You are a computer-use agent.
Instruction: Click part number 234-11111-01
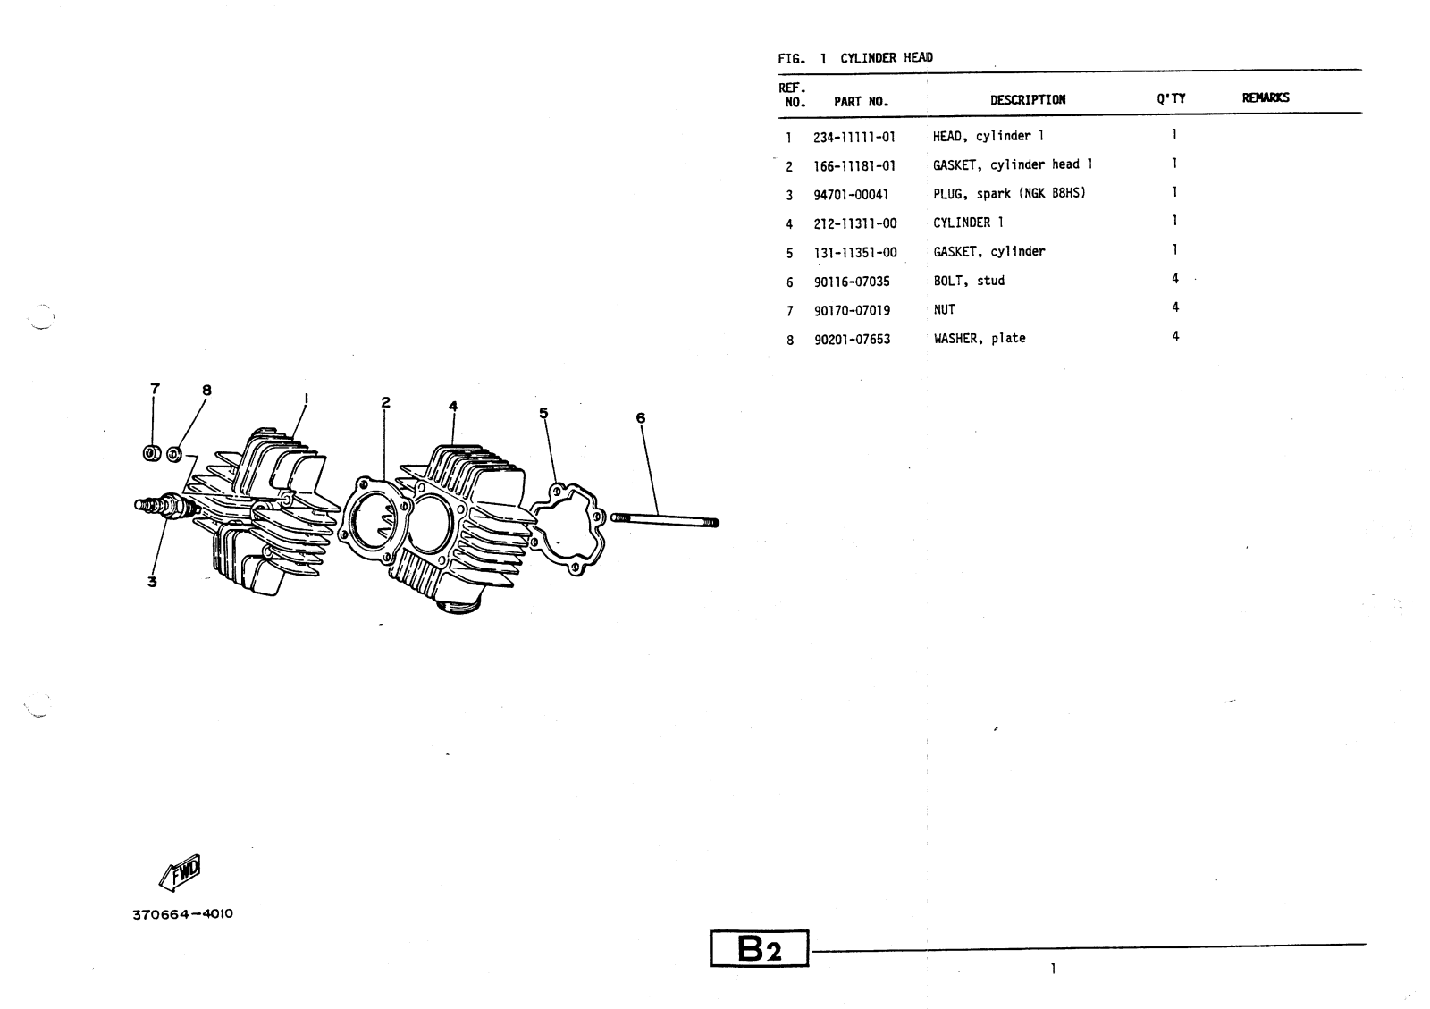point(854,138)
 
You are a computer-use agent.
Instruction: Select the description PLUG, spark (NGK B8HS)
point(1009,194)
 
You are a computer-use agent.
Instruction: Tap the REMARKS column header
point(1266,98)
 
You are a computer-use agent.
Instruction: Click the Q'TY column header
point(1171,98)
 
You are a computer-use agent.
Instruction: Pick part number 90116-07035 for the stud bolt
point(852,282)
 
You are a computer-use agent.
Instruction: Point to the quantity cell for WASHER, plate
point(1175,337)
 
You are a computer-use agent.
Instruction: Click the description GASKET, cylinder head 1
point(1013,165)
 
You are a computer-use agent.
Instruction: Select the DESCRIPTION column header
point(1027,100)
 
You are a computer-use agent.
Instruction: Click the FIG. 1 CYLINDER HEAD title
point(855,58)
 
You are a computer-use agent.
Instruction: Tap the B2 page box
point(759,949)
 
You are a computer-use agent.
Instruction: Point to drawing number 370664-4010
point(182,914)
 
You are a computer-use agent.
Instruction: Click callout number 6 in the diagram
point(641,417)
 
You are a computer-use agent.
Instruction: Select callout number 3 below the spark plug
point(152,582)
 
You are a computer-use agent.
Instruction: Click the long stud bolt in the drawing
point(665,519)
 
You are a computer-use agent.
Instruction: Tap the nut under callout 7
point(153,453)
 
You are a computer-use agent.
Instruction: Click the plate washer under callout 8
point(174,454)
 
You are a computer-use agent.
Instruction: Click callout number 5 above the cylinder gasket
point(543,413)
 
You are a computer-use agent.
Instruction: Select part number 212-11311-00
point(854,223)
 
